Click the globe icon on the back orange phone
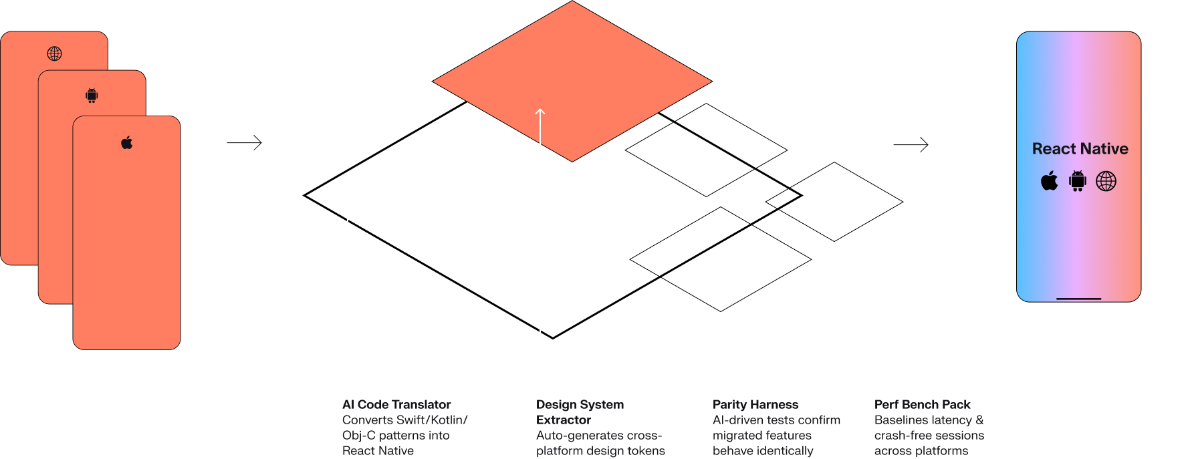tap(54, 53)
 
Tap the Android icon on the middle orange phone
tap(92, 96)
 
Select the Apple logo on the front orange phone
tap(127, 142)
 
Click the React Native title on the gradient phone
tap(1080, 149)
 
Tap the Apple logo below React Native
tap(1050, 181)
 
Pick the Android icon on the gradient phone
tap(1078, 181)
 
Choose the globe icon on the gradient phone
tap(1106, 181)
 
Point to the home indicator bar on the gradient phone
tap(1078, 299)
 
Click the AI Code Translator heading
tap(396, 404)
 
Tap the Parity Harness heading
tap(755, 404)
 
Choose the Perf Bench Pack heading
tap(922, 404)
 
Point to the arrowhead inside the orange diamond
tap(540, 112)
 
